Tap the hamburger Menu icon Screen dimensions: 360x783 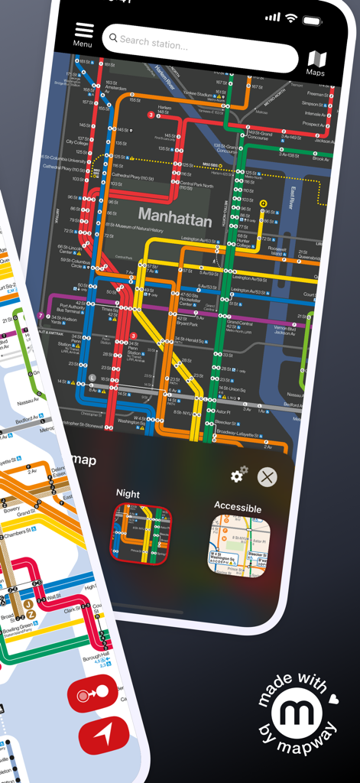(84, 31)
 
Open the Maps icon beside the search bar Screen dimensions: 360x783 (316, 61)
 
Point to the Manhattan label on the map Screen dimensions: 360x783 (175, 218)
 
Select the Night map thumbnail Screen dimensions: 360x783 (142, 533)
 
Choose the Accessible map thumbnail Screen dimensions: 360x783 (240, 546)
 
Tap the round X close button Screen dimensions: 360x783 (267, 478)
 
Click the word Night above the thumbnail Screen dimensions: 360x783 (128, 494)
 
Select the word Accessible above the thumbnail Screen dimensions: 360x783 (238, 508)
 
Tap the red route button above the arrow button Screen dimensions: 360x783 (93, 694)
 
